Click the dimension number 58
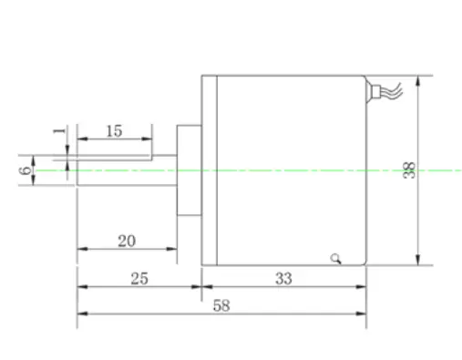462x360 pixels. click(221, 305)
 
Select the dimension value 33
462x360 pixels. click(283, 278)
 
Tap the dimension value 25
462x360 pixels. click(139, 278)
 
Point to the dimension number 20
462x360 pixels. click(127, 241)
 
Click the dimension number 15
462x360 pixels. click(114, 131)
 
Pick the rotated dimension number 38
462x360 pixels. click(409, 170)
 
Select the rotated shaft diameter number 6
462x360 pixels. click(26, 170)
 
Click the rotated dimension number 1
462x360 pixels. click(59, 131)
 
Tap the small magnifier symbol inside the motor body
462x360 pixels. click(336, 259)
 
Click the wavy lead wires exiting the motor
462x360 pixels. click(392, 90)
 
